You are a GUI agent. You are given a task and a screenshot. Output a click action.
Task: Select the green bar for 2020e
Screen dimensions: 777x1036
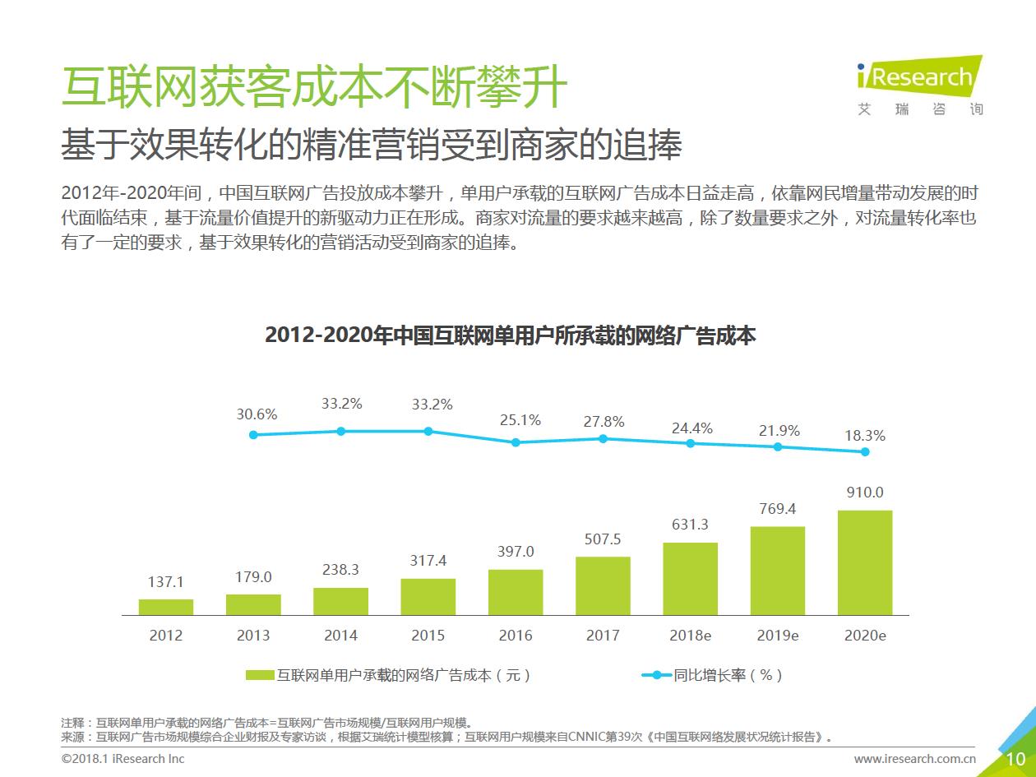[864, 562]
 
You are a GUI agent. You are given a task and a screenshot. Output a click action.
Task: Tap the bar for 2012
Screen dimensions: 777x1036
[166, 607]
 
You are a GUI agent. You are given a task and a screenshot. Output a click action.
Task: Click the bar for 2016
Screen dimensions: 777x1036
[516, 592]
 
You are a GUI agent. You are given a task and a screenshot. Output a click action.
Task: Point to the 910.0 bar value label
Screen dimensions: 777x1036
[865, 493]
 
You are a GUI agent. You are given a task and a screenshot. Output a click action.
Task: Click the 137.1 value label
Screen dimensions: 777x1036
[166, 581]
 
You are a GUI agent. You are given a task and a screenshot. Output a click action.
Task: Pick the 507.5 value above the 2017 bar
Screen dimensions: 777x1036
[603, 539]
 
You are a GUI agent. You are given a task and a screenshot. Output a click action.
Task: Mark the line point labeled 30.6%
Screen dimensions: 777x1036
[253, 435]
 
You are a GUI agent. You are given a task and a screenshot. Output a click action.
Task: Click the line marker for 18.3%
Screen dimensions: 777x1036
[865, 451]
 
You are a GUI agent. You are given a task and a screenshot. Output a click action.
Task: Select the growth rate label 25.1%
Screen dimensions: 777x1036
[520, 420]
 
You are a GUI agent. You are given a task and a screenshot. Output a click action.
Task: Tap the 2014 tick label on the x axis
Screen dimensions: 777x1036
[340, 636]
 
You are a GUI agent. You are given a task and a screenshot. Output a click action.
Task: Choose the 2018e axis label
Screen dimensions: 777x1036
[690, 636]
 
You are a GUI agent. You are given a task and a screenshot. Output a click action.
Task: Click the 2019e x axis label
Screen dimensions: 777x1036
[777, 636]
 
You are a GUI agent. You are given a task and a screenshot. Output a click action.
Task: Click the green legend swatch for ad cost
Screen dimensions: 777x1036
[260, 675]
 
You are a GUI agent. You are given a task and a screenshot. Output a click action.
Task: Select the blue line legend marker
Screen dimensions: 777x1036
[656, 675]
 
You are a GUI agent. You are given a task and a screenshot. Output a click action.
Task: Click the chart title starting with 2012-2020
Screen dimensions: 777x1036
[510, 336]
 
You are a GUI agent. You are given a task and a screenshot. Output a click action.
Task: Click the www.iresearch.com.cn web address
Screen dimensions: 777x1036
[914, 759]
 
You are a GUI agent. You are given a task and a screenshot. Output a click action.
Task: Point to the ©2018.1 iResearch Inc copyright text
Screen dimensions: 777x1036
[123, 759]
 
